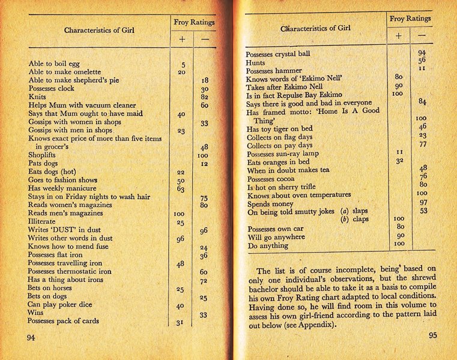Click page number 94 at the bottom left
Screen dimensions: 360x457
(31, 338)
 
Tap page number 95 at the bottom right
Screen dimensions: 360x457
(433, 335)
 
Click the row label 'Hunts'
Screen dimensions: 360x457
(258, 62)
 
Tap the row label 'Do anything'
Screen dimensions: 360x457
(270, 245)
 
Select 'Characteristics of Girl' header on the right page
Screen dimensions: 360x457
(315, 28)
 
